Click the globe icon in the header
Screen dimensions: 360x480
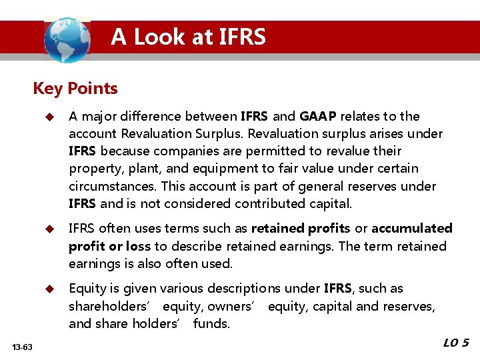[67, 40]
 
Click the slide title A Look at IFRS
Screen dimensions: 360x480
[188, 37]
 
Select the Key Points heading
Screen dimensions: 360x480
[75, 88]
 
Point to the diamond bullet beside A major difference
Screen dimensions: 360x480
[49, 117]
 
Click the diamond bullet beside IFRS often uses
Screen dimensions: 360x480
[49, 229]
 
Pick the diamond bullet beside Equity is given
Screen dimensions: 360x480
[49, 289]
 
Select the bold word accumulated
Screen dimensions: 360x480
[411, 229]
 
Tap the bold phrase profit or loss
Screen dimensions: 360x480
[109, 246]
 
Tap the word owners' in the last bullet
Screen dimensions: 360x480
[231, 306]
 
